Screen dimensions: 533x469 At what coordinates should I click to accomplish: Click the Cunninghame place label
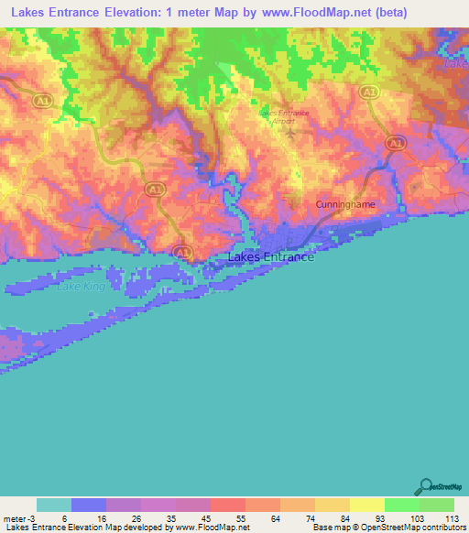[x=345, y=204]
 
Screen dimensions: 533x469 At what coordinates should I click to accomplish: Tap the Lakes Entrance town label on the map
[x=270, y=257]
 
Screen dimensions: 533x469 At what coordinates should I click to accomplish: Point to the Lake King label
[x=82, y=287]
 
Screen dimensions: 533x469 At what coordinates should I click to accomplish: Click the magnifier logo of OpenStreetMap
[x=425, y=486]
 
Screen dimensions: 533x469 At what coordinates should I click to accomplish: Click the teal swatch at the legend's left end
[x=53, y=505]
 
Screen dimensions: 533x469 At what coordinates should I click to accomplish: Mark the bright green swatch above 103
[x=401, y=505]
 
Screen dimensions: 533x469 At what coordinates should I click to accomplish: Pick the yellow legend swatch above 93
[x=366, y=505]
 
